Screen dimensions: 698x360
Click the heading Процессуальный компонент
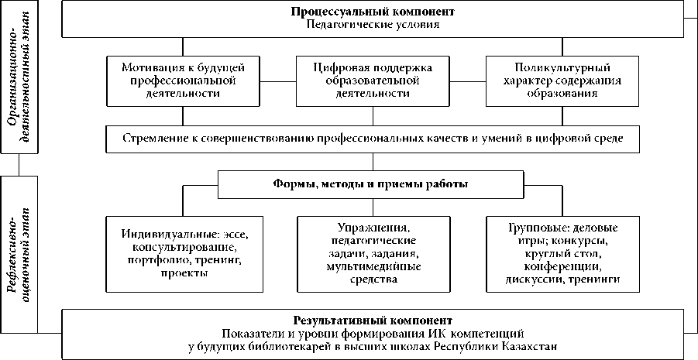tap(373, 12)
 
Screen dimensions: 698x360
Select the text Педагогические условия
tap(373, 24)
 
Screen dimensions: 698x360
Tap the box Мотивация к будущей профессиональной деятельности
tap(184, 81)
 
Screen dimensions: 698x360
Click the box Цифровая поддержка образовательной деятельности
tap(373, 81)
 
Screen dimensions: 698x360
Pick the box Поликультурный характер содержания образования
tap(562, 81)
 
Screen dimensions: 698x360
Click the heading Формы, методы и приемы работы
tap(370, 184)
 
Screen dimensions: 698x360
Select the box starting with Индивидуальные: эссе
tap(184, 254)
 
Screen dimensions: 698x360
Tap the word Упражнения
tap(373, 228)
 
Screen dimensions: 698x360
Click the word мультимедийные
tap(373, 267)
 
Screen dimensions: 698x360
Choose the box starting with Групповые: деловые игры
tap(562, 254)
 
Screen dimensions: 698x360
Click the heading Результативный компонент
tap(373, 321)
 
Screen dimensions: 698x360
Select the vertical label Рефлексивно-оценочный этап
tap(19, 254)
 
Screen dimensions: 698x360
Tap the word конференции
tap(562, 267)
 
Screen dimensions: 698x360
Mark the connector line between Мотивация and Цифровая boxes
tap(278, 81)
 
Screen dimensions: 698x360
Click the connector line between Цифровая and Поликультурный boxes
tap(468, 81)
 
